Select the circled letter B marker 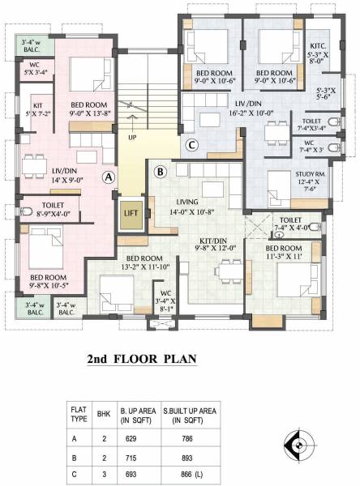click(160, 172)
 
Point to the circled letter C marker click(191, 146)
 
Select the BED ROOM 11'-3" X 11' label click(295, 252)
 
